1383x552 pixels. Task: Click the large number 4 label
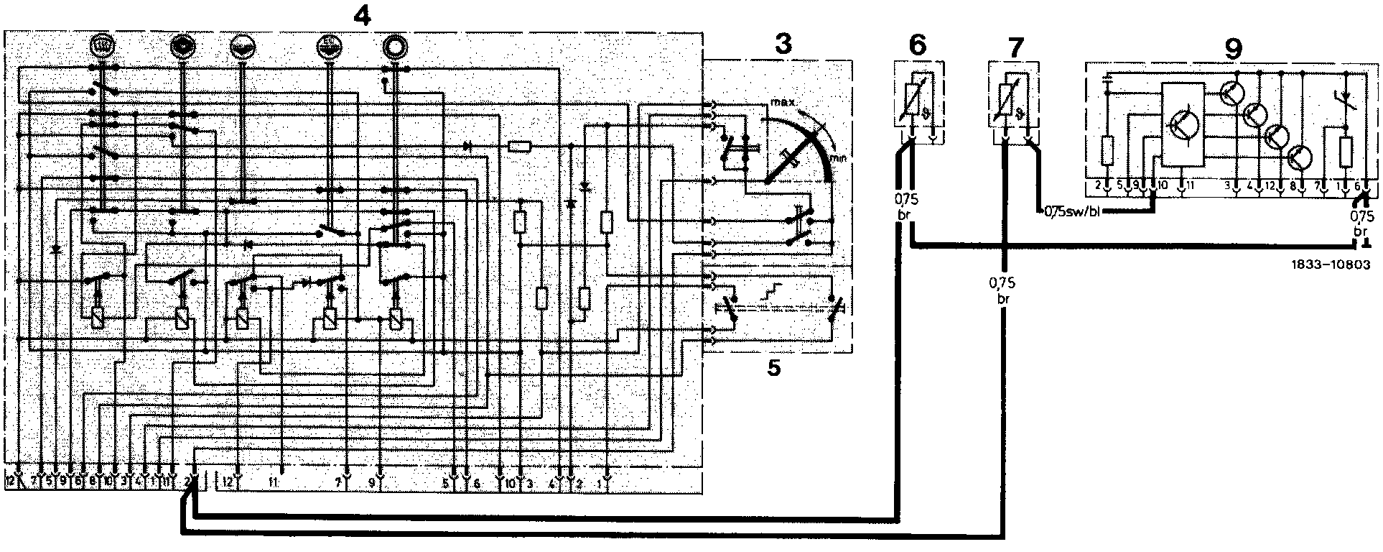pyautogui.click(x=363, y=16)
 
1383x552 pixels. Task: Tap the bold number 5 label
pyautogui.click(x=773, y=367)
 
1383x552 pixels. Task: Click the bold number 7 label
pyautogui.click(x=1013, y=49)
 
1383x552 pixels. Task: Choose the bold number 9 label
pyautogui.click(x=1232, y=49)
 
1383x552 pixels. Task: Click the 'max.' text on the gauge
pyautogui.click(x=782, y=103)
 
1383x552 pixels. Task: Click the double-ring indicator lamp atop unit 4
pyautogui.click(x=394, y=47)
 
